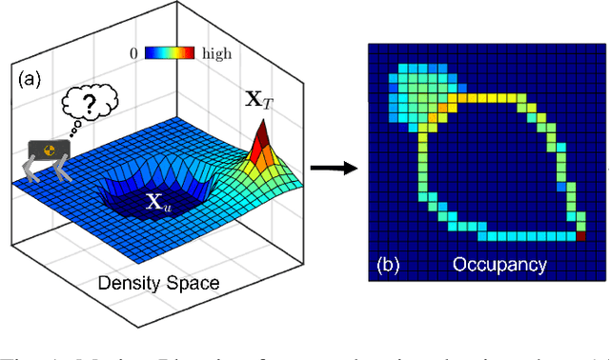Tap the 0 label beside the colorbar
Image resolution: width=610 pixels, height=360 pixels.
(136, 53)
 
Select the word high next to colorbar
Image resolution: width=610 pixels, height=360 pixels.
(216, 54)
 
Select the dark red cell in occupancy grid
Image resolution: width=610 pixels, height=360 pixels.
(580, 236)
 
